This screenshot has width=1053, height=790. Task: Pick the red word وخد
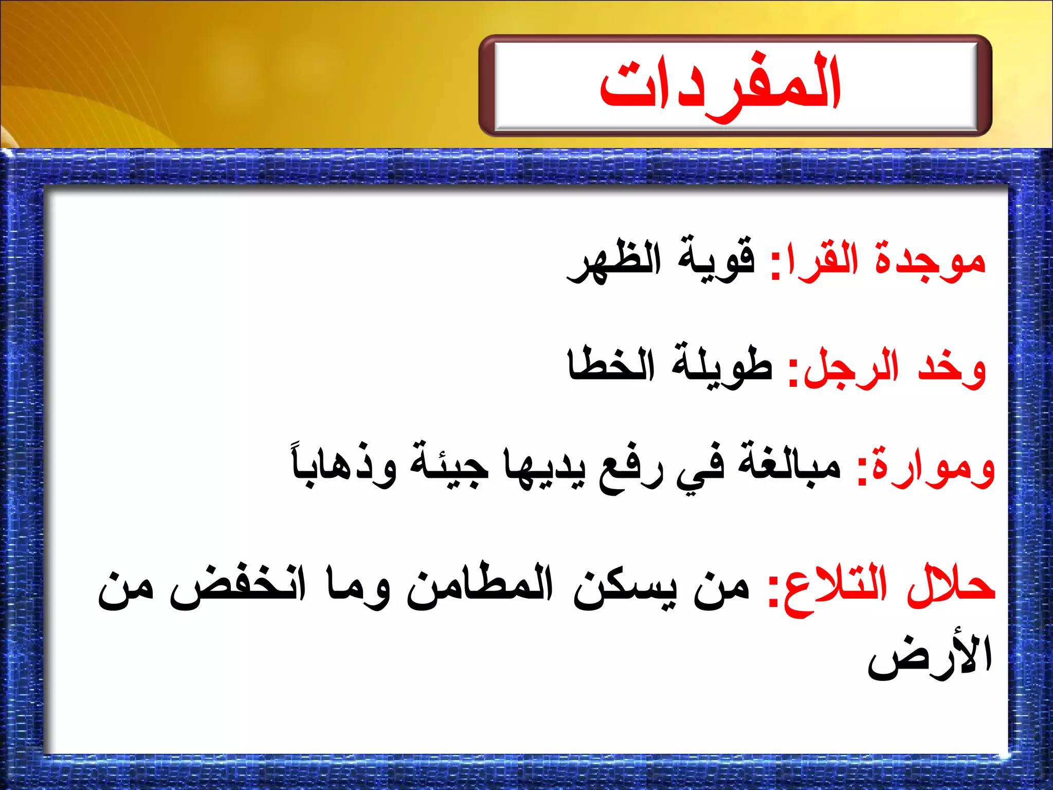pyautogui.click(x=951, y=368)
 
